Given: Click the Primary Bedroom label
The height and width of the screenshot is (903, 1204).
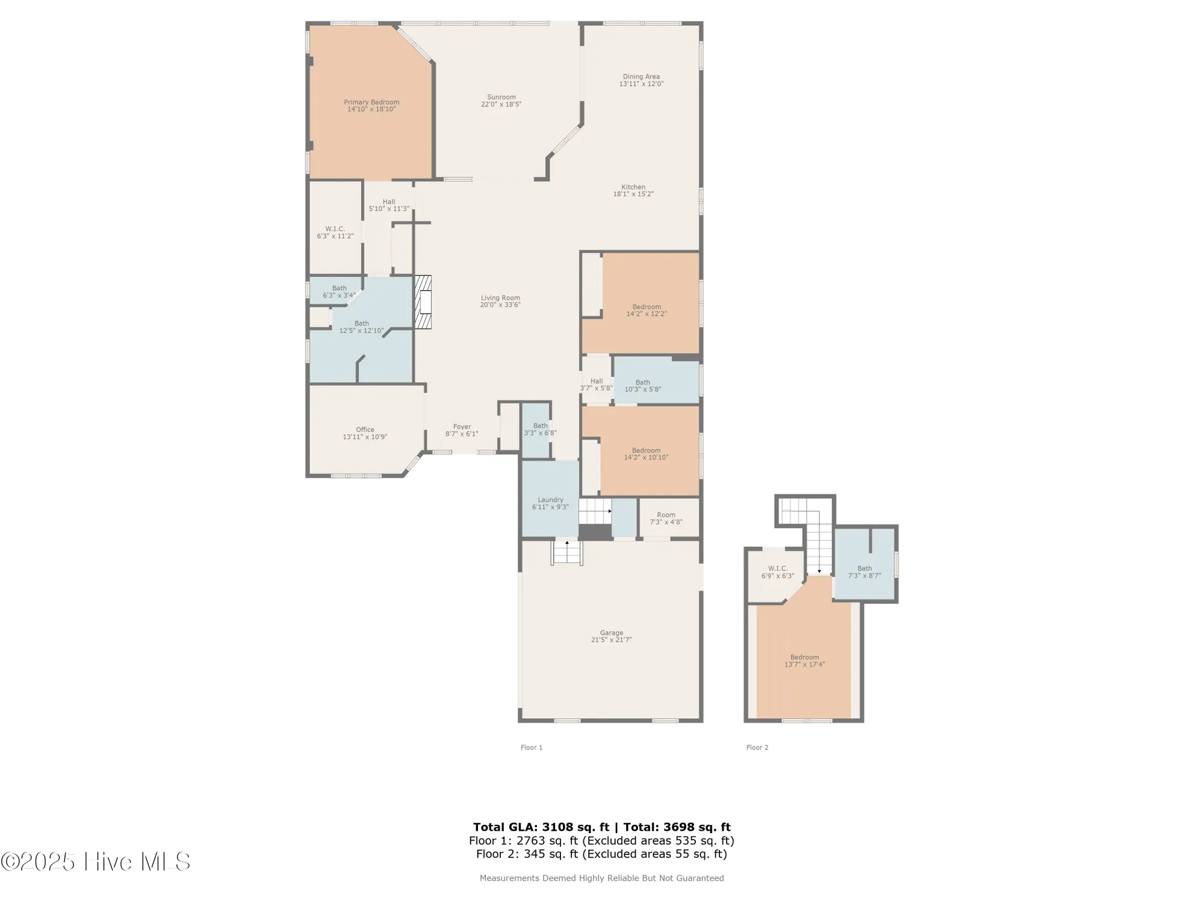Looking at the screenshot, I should point(371,102).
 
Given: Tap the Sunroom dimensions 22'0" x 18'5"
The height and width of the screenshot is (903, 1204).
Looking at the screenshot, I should point(501,105).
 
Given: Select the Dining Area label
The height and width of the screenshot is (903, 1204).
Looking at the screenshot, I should point(641,76).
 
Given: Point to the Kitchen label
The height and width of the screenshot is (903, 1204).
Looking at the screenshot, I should point(633,187).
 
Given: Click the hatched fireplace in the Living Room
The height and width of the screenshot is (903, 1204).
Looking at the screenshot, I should point(423,302).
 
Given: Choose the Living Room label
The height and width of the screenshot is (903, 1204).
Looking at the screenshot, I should point(500,298).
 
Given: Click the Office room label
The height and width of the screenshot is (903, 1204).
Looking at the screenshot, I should point(365,430).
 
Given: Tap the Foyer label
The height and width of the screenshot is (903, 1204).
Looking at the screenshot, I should point(462,427).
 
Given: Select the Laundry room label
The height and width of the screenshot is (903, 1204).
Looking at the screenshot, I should point(550,500).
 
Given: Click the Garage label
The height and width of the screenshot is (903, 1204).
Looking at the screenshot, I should point(611,633).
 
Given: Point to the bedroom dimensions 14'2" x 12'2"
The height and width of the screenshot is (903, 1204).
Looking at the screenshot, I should point(647,314).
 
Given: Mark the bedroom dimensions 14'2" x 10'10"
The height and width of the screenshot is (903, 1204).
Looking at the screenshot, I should point(646,458).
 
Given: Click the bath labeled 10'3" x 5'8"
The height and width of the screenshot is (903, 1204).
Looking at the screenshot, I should point(642,386).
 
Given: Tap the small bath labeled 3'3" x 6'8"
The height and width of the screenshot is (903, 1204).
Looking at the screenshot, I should point(540,429).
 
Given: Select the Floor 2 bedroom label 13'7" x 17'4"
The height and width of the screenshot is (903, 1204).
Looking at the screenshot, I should point(804,661).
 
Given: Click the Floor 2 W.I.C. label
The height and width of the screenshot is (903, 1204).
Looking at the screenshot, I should point(778,568).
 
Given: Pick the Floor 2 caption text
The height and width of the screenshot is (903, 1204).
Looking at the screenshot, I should point(757,748).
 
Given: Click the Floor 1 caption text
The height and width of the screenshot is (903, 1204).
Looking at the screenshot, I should point(532,748).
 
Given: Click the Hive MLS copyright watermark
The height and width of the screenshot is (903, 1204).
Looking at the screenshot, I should point(96,861).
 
